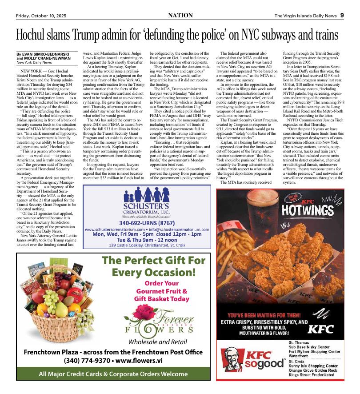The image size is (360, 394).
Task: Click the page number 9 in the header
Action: (342, 15)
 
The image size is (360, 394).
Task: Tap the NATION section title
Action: (180, 15)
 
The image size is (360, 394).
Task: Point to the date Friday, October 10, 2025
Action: (41, 16)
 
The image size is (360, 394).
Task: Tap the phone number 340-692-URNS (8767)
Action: (146, 222)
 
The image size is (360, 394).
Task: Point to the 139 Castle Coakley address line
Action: (146, 245)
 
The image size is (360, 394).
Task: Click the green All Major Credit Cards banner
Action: (113, 374)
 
